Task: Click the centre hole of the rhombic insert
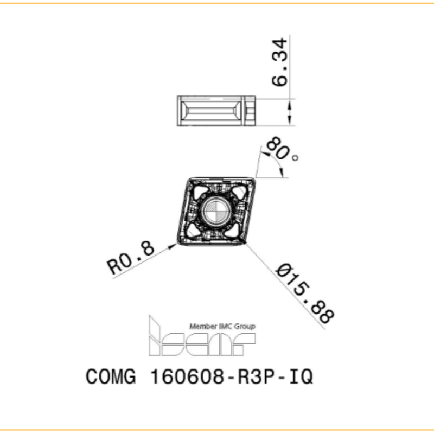[216, 212]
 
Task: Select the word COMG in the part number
[108, 376]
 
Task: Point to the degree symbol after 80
[295, 158]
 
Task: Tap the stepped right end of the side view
[250, 111]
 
